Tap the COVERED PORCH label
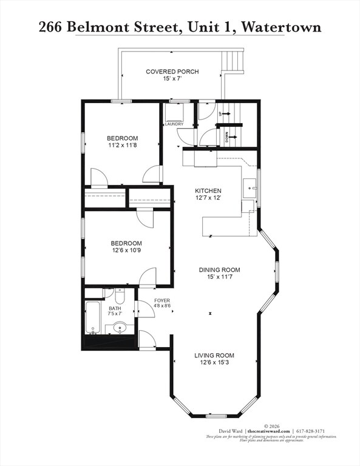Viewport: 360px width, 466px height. [172, 72]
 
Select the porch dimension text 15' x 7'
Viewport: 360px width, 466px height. [172, 79]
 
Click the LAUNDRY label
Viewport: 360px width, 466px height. [174, 124]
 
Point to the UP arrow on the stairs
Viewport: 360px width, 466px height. [224, 113]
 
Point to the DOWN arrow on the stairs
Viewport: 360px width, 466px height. [224, 137]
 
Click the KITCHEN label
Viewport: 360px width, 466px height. [208, 191]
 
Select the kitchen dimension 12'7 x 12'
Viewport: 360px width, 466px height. [208, 198]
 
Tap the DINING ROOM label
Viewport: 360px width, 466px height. [219, 270]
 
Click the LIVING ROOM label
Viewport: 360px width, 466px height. [214, 356]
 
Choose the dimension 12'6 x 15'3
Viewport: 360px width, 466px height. [214, 363]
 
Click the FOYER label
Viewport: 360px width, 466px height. [161, 301]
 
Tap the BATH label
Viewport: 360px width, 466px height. [115, 308]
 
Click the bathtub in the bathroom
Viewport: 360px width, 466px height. [93, 317]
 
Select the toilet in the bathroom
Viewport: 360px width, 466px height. [119, 297]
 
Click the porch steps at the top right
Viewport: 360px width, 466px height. [233, 61]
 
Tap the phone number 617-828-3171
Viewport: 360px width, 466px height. [314, 431]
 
